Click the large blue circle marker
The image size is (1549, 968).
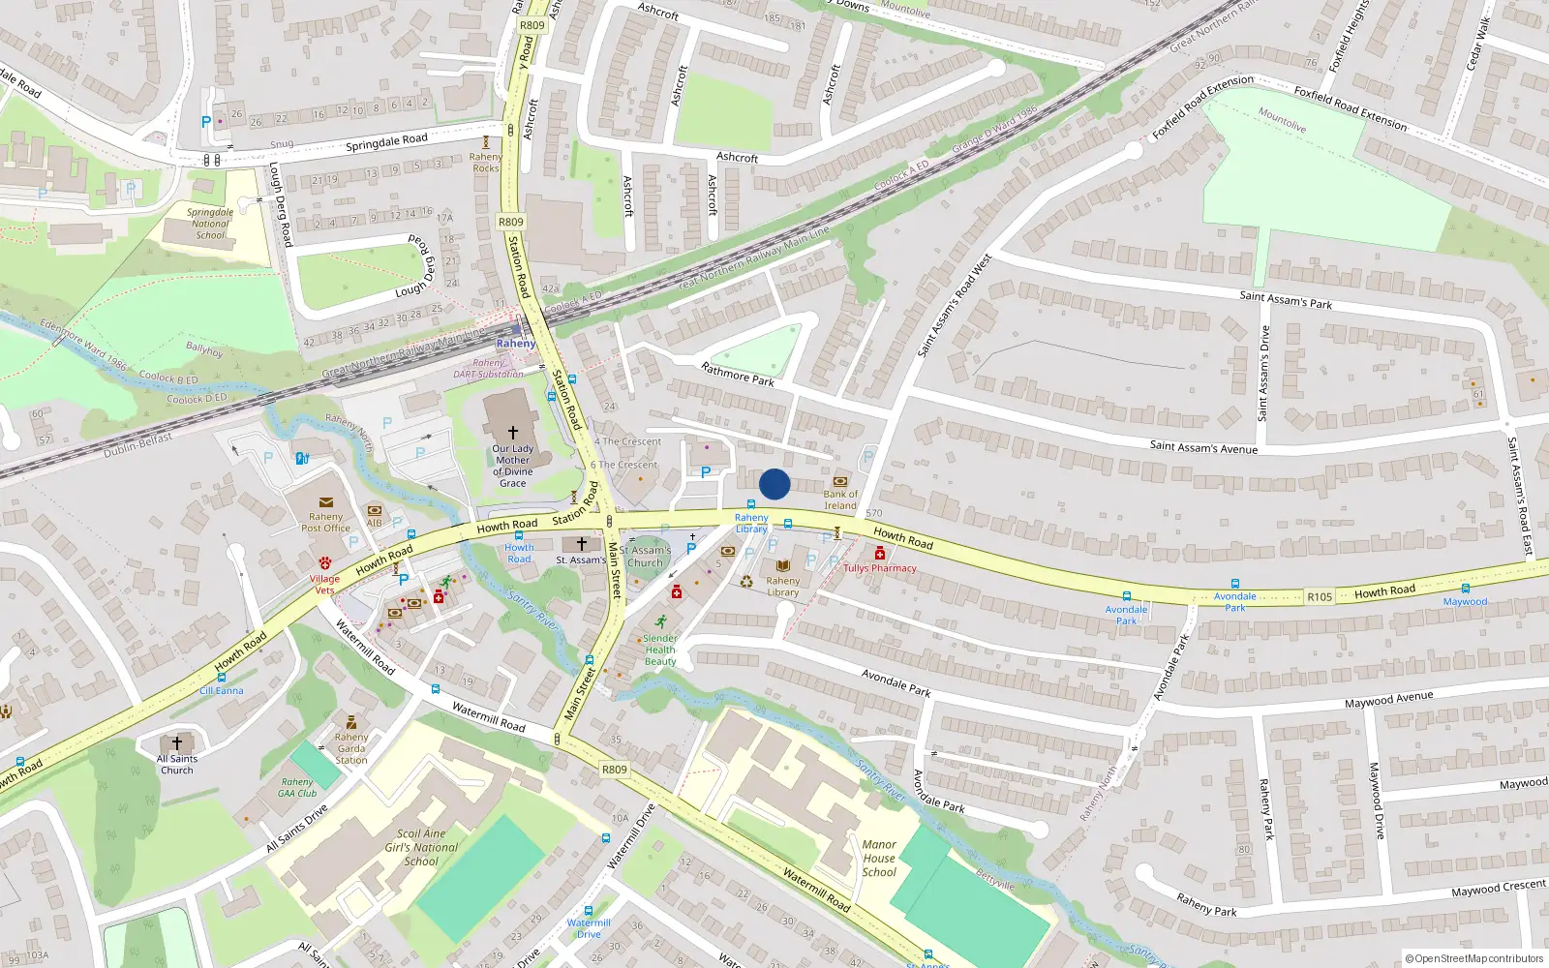click(x=774, y=484)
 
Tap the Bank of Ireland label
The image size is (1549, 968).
click(x=840, y=499)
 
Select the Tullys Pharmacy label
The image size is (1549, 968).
click(x=879, y=568)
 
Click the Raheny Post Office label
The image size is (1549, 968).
click(x=325, y=523)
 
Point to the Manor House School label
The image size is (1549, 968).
click(x=879, y=859)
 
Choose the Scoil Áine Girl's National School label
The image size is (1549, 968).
click(x=421, y=847)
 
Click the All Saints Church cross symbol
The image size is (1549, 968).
click(x=176, y=743)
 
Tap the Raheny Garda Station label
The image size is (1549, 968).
click(x=351, y=748)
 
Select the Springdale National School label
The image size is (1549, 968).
click(x=210, y=224)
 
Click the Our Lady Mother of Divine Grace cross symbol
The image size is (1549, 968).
click(x=513, y=432)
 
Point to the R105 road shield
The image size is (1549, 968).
click(x=1319, y=597)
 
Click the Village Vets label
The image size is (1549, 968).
click(x=324, y=584)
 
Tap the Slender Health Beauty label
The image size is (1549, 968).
click(x=660, y=650)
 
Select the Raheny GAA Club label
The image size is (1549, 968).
click(x=297, y=787)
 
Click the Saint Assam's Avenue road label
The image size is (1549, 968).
click(x=1203, y=447)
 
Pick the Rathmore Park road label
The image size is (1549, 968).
click(x=738, y=374)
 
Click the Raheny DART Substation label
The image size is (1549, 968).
click(x=488, y=369)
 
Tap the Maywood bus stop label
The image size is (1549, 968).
click(x=1465, y=602)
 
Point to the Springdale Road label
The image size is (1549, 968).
click(x=386, y=142)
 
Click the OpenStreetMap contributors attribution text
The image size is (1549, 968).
click(x=1473, y=958)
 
